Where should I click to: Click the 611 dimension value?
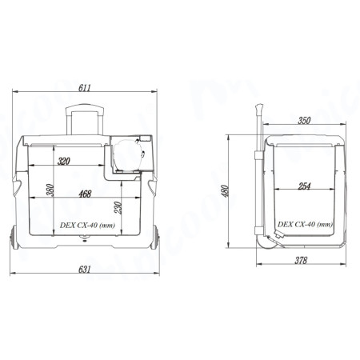[x=85, y=88]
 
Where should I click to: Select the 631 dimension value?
[x=84, y=270]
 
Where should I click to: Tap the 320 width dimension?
[x=64, y=161]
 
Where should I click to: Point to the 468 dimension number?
[x=85, y=194]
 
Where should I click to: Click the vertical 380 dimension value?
[x=50, y=190]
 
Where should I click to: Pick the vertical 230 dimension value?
[x=118, y=208]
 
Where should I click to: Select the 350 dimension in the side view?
[x=304, y=121]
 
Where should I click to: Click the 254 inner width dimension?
[x=304, y=186]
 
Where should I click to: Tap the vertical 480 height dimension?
[x=225, y=191]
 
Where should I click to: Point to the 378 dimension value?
[x=301, y=260]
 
